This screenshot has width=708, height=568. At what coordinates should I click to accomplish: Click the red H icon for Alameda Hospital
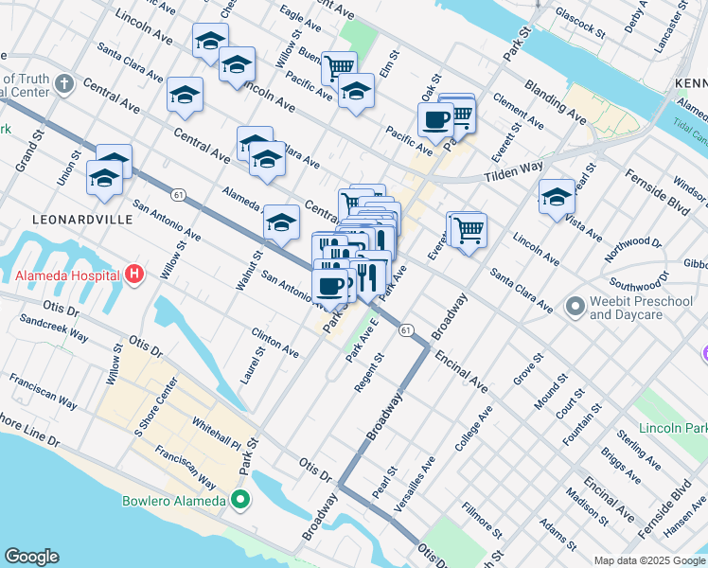[135, 275]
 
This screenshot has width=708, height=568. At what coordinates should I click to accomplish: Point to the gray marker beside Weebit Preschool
[575, 307]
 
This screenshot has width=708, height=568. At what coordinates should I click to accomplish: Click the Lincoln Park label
[672, 428]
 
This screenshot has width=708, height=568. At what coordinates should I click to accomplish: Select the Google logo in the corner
[31, 557]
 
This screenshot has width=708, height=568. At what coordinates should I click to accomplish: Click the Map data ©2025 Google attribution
[648, 560]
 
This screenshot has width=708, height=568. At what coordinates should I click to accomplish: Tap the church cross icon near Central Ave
[64, 84]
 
